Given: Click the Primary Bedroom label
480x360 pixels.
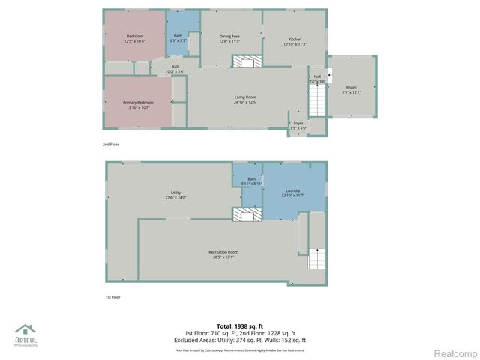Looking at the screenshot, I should tap(136, 105).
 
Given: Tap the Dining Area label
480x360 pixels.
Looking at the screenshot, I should tap(229, 39).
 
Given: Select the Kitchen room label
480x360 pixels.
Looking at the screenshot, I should tap(295, 42).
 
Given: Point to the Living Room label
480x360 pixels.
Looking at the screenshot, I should tap(245, 99).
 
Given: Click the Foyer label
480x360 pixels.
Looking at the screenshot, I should tap(298, 125).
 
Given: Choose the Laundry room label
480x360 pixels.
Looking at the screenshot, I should tap(293, 193).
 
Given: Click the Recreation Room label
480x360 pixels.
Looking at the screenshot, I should tap(223, 253).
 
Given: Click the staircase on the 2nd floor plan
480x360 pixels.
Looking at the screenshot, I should tap(318, 100).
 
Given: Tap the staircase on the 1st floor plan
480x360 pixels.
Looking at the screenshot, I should tap(317, 259).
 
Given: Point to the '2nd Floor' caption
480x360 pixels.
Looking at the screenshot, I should tap(111, 144).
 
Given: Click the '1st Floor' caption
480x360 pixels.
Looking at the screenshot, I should tap(112, 297).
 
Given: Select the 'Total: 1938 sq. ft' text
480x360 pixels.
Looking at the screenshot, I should tap(240, 325).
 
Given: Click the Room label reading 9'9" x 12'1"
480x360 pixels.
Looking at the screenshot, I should tap(352, 90).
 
